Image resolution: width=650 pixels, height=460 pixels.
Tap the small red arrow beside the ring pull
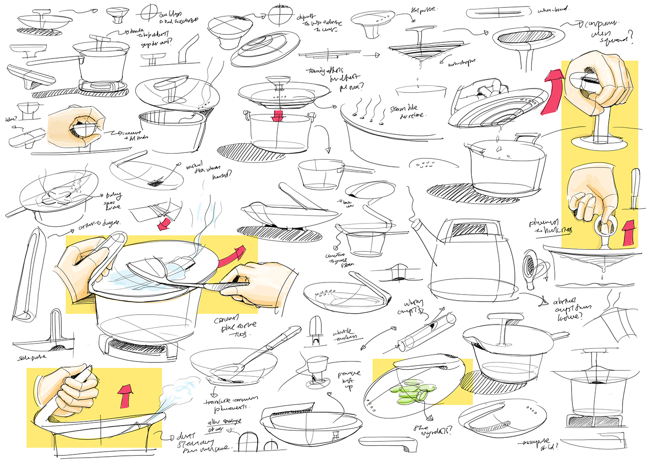click(x=627, y=232)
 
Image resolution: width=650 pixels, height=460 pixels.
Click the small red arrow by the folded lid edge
click(x=163, y=225)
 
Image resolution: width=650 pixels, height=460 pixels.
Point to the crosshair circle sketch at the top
click(x=149, y=12)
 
